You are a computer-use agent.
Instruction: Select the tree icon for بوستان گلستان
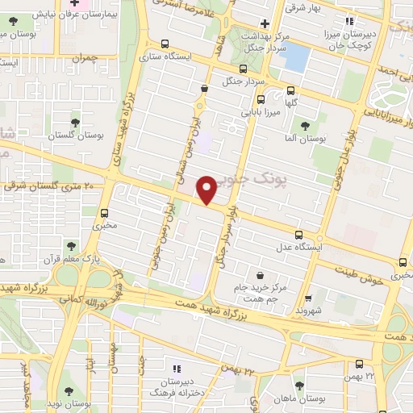75,123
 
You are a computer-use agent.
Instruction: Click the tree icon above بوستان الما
305,126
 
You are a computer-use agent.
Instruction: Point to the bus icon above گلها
290,92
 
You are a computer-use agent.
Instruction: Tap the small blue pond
297,56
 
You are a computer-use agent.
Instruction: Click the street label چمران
82,59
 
